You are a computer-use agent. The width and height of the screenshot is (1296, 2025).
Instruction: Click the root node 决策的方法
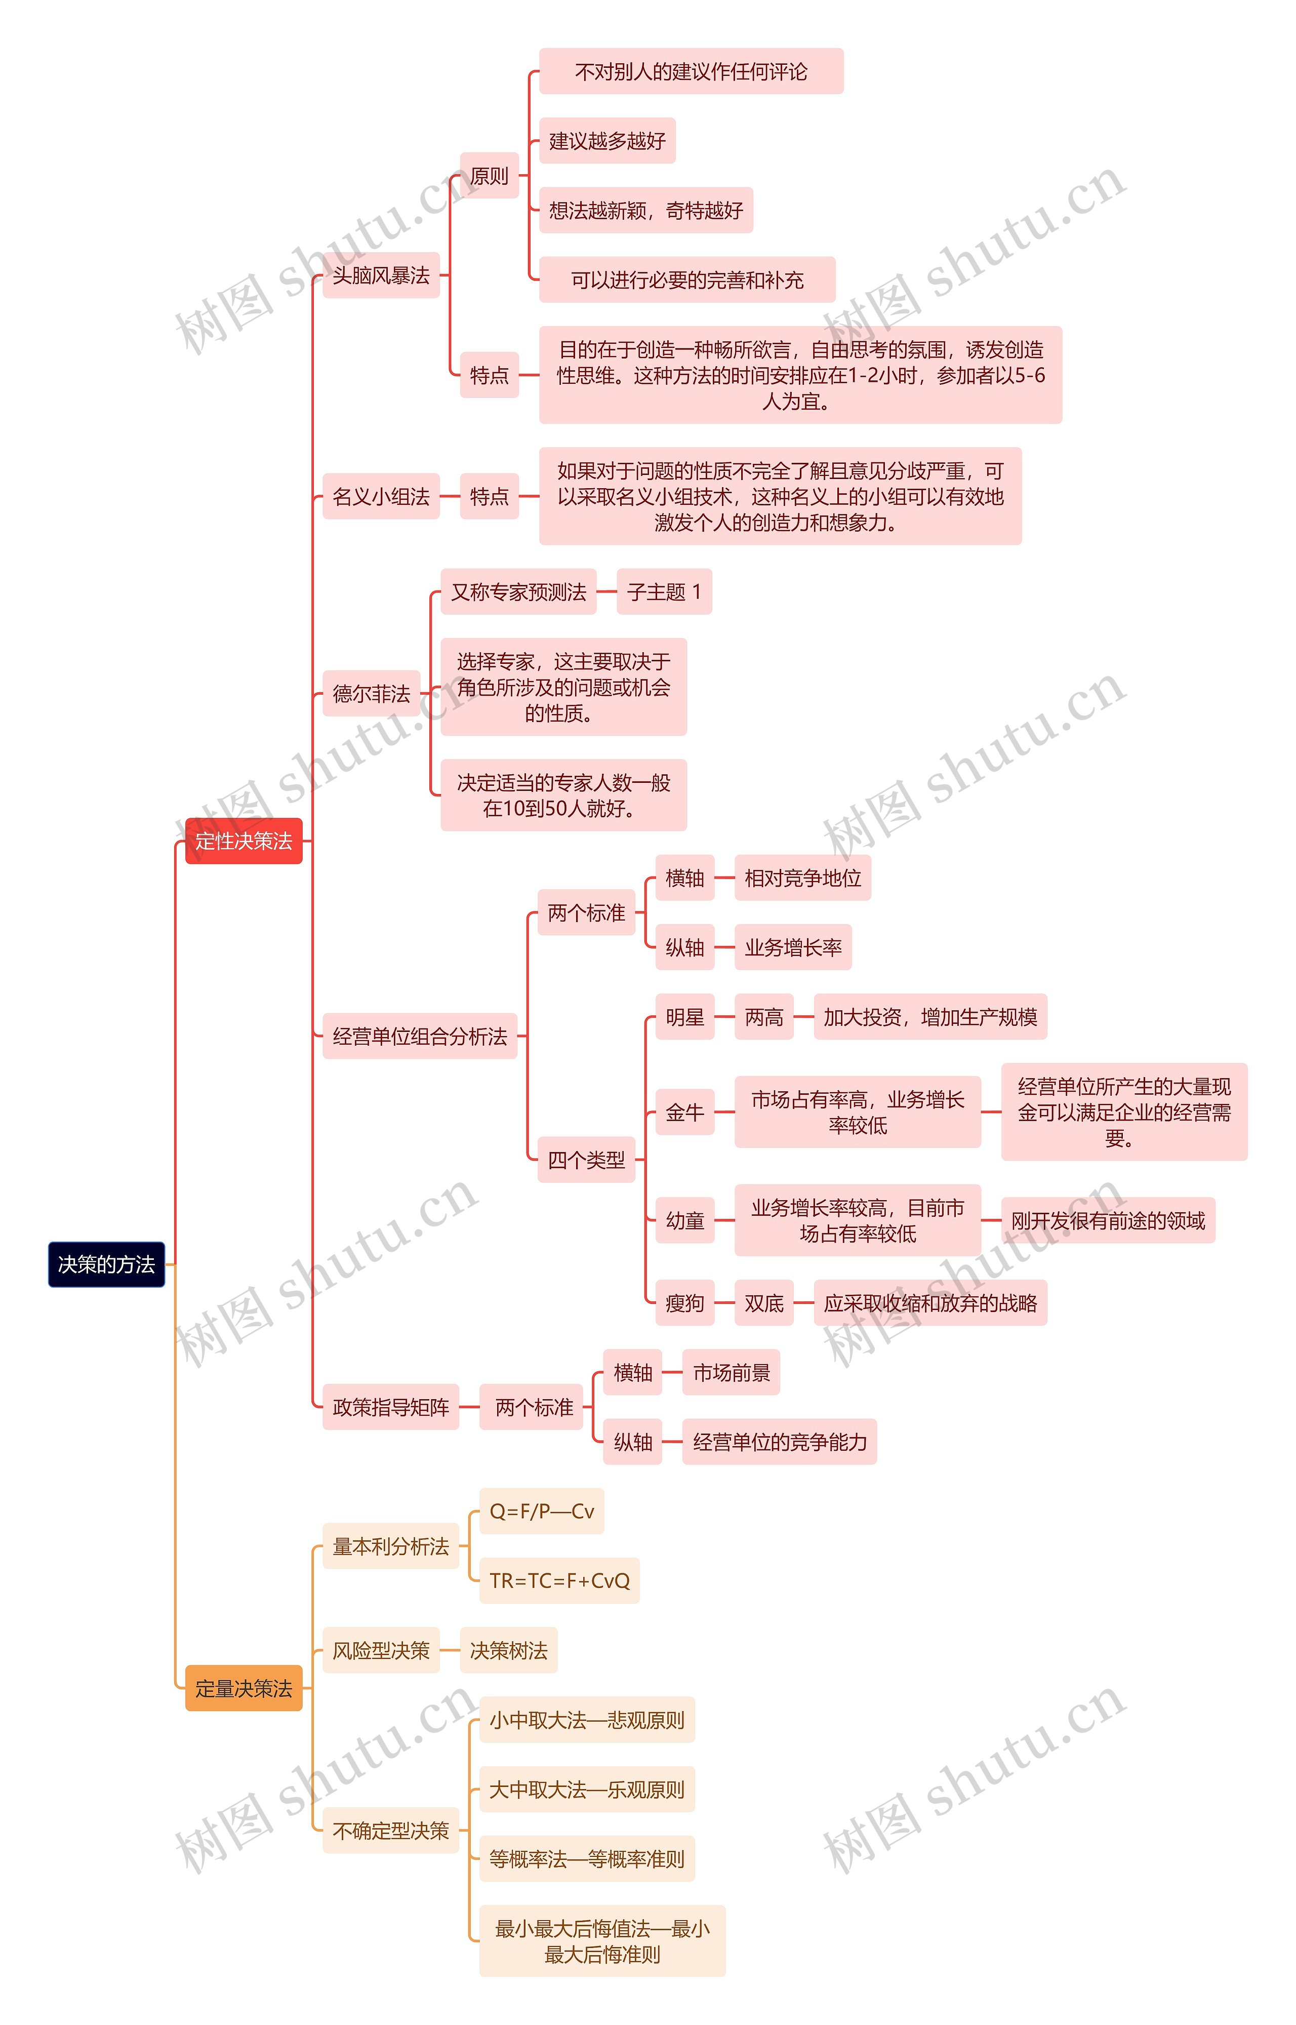tap(106, 1263)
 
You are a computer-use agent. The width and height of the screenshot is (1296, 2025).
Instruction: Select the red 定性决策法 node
tap(243, 840)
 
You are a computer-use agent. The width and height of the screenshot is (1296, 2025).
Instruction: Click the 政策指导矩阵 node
tap(390, 1406)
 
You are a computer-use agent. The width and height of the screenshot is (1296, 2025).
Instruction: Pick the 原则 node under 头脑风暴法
tap(489, 176)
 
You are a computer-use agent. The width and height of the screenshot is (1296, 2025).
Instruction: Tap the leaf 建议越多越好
tap(607, 141)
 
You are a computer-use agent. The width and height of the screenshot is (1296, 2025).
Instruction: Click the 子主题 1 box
tap(664, 591)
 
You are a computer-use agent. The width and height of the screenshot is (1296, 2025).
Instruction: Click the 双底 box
tap(763, 1303)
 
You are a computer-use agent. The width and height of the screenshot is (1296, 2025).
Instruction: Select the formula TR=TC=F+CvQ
tap(559, 1580)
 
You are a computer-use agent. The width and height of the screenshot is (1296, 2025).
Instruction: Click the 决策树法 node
tap(508, 1650)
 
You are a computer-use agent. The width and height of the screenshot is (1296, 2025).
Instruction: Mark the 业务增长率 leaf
tap(793, 947)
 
